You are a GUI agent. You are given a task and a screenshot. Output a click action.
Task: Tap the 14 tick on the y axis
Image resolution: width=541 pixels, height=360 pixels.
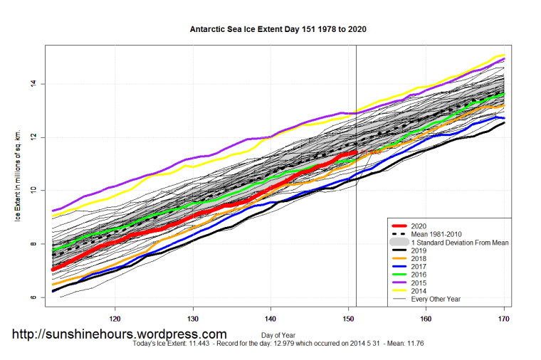[32, 84]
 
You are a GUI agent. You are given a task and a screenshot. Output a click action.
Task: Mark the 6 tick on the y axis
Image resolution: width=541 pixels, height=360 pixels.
[32, 297]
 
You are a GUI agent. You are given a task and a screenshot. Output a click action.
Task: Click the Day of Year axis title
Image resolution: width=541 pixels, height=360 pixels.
[278, 334]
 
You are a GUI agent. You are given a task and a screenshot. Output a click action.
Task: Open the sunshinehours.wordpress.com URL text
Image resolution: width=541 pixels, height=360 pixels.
[119, 334]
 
